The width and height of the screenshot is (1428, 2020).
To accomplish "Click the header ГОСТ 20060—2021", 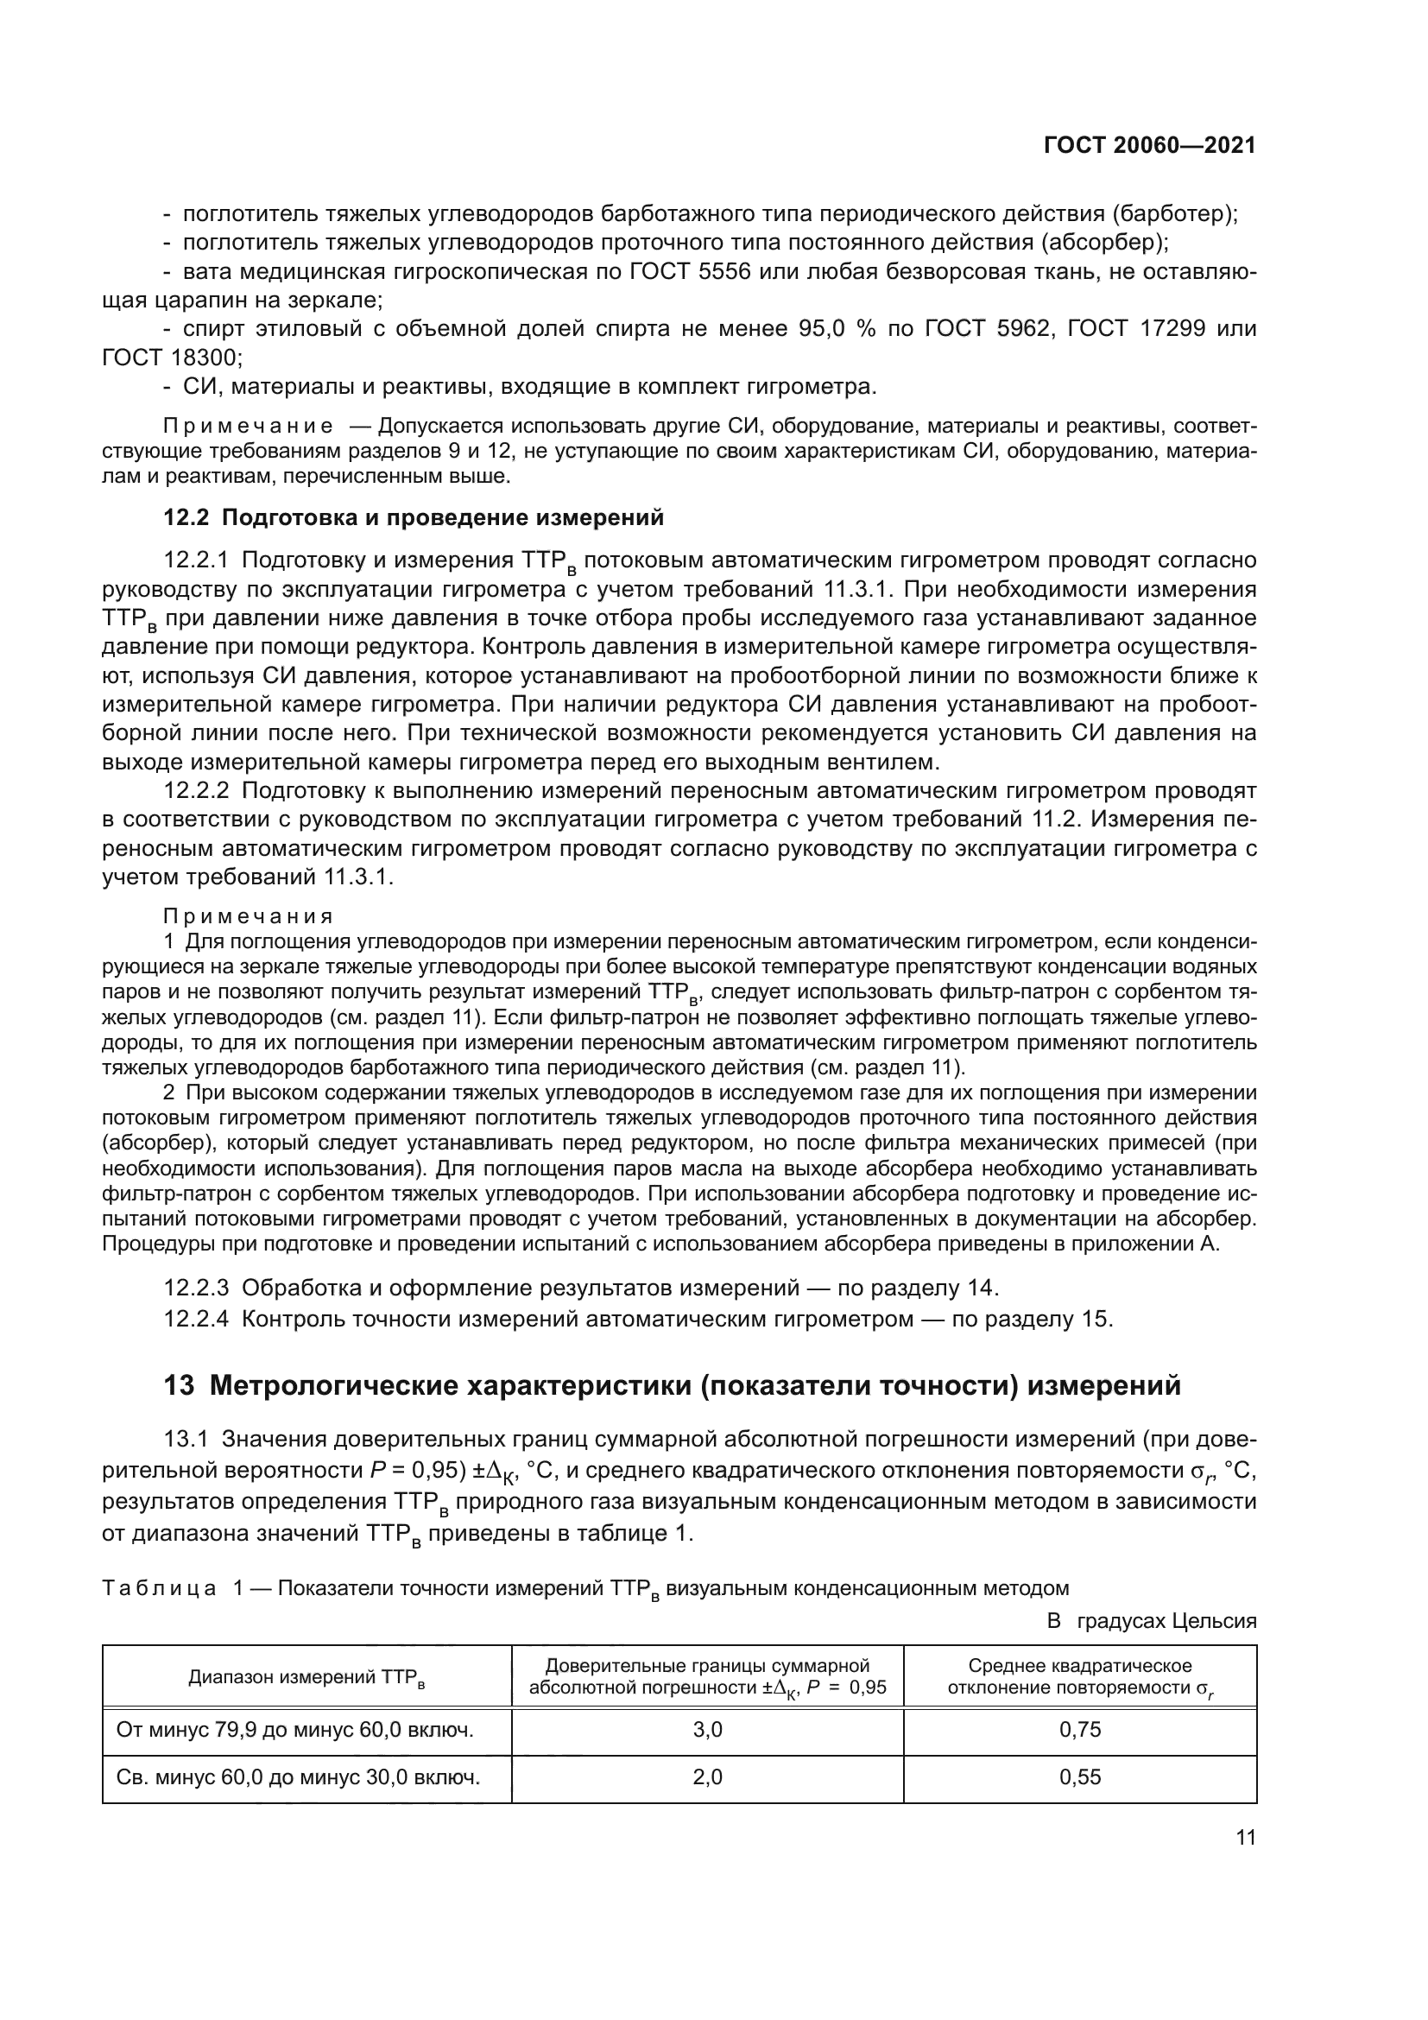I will click(x=1149, y=146).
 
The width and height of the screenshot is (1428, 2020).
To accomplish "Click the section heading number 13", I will click(x=179, y=1385).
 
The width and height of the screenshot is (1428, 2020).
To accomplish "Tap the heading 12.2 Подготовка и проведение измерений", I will click(x=414, y=517).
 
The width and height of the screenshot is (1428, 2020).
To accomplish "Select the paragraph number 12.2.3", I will click(x=196, y=1288).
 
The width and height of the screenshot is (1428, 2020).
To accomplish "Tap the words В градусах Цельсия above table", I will click(x=1151, y=1620).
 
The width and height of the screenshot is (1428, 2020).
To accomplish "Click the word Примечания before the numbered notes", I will click(x=249, y=915).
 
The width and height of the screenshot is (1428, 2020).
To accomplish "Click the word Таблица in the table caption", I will click(x=158, y=1588).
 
